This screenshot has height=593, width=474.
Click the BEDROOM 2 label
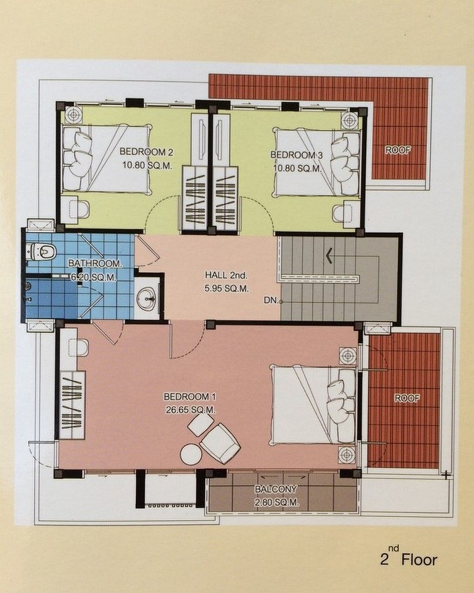pos(146,152)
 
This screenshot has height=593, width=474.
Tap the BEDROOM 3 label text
pos(296,155)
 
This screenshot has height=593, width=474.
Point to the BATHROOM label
pos(94,264)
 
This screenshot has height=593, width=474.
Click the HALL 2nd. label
pos(226,275)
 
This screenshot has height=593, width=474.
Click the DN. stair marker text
pos(271,300)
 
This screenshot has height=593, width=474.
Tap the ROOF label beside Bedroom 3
pos(398,150)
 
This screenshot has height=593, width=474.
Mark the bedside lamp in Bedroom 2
pos(74,113)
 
